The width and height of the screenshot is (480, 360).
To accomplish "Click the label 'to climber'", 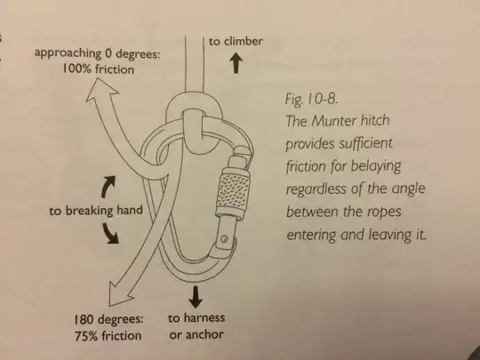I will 236,41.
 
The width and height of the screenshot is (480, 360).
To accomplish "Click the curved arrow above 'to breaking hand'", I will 109,186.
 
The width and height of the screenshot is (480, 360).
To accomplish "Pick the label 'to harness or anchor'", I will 197,326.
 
